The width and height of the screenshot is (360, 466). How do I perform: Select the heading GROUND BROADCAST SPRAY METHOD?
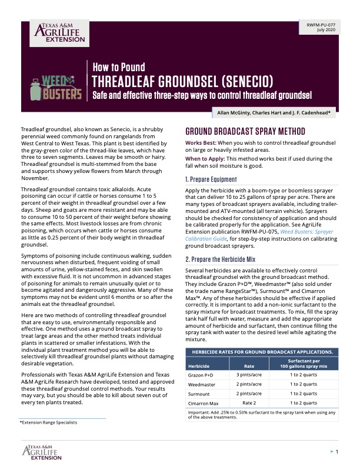click(x=245, y=131)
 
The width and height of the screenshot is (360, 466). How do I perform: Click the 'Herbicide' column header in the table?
click(x=202, y=365)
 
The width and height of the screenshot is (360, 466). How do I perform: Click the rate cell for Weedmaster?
click(x=249, y=385)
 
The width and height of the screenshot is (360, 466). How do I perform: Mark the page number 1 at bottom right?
click(x=336, y=451)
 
